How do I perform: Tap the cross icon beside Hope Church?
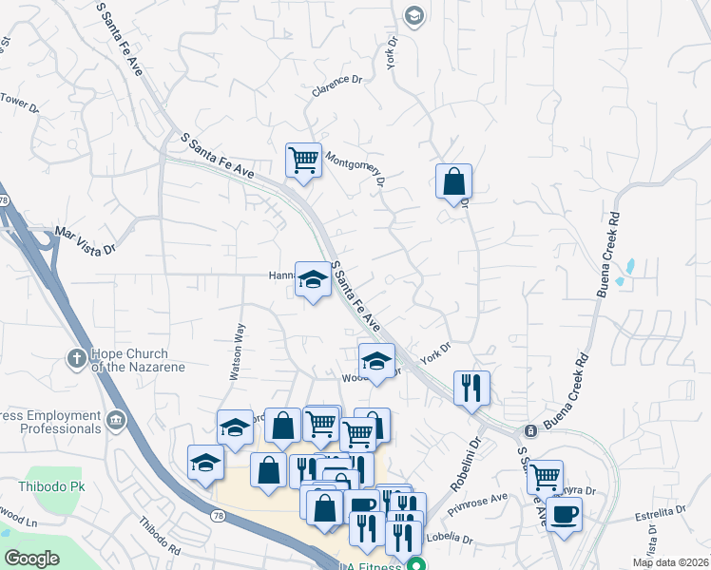pyautogui.click(x=76, y=358)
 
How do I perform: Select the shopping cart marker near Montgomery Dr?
pyautogui.click(x=303, y=160)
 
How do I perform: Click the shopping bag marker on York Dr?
pyautogui.click(x=454, y=180)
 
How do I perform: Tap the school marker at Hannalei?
pyautogui.click(x=312, y=279)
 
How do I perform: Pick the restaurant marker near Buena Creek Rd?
pyautogui.click(x=471, y=388)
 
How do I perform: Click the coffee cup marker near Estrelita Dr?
pyautogui.click(x=564, y=515)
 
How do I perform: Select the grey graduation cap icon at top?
pyautogui.click(x=413, y=15)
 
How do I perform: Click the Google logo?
pyautogui.click(x=32, y=558)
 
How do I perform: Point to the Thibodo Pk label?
pyautogui.click(x=40, y=486)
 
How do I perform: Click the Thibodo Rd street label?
pyautogui.click(x=160, y=537)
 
